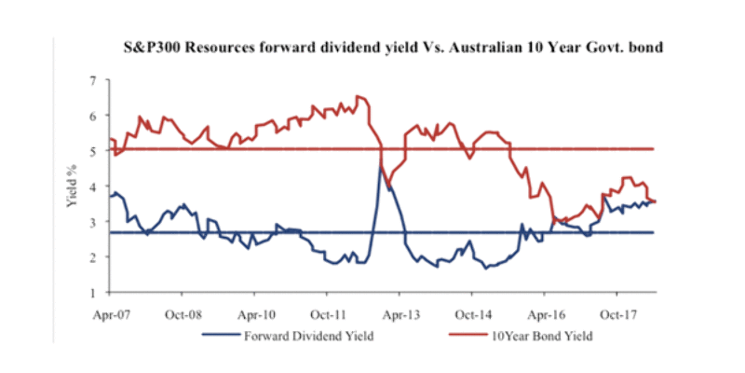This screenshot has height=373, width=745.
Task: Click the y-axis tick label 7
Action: tap(92, 81)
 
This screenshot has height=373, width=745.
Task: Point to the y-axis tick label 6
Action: tap(92, 117)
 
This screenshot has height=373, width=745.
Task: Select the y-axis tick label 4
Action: tap(92, 187)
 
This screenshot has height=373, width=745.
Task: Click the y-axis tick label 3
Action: tap(92, 223)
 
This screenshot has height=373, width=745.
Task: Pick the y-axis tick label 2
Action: tap(92, 258)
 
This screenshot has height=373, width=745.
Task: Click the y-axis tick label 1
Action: tap(92, 294)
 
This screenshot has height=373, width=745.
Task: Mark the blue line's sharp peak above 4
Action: tap(381, 165)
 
